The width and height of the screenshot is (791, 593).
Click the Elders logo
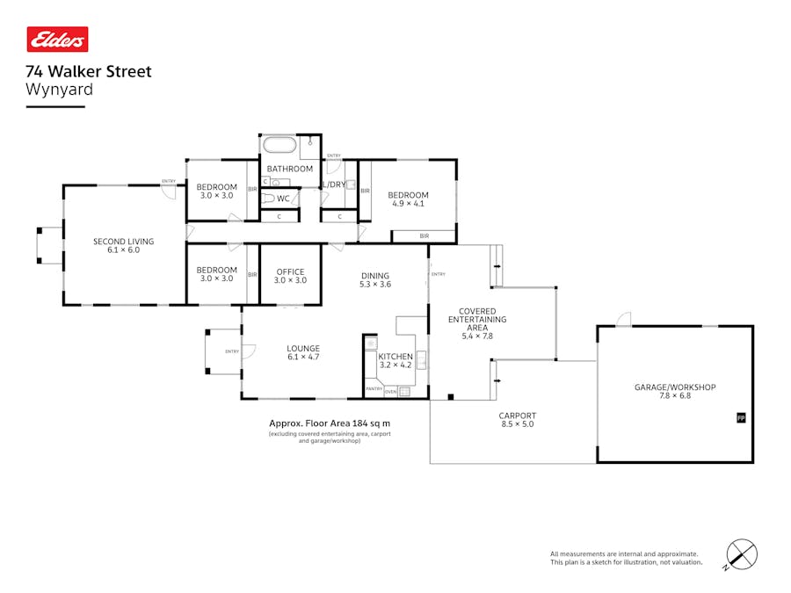(x=57, y=40)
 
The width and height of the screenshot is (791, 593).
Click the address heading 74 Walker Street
(x=89, y=72)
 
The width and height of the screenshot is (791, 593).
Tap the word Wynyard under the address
(x=60, y=89)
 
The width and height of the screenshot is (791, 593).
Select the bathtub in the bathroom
(x=278, y=146)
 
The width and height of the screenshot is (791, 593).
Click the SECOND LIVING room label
(x=124, y=241)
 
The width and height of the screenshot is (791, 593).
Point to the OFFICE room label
(x=290, y=271)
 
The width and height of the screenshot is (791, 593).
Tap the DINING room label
(x=374, y=276)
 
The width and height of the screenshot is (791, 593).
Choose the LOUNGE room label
(x=303, y=348)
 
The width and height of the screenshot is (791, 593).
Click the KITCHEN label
(x=395, y=357)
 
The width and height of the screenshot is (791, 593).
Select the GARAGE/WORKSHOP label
(x=675, y=387)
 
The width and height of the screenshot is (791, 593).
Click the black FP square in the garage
(x=740, y=417)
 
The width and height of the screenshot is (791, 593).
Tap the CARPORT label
(x=517, y=416)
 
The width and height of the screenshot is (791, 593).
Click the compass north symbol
(x=743, y=554)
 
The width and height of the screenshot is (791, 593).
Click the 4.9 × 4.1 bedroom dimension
(x=408, y=204)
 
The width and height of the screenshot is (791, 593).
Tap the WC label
(x=283, y=199)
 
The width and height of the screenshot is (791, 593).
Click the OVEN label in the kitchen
(x=390, y=391)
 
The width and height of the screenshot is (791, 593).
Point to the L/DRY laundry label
(x=334, y=184)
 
